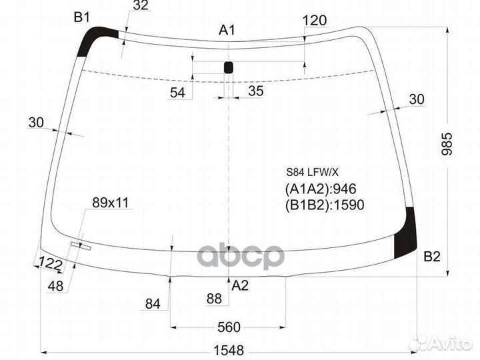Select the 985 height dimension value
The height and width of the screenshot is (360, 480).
pos(447,144)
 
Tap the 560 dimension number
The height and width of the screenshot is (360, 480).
pos(229,327)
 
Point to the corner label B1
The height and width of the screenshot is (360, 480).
pos(82,17)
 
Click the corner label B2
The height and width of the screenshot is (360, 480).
pos(432,256)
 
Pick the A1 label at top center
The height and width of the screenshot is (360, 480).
pos(227,30)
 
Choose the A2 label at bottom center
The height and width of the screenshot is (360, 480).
pos(240,285)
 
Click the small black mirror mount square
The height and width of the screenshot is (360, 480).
pos(229,67)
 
